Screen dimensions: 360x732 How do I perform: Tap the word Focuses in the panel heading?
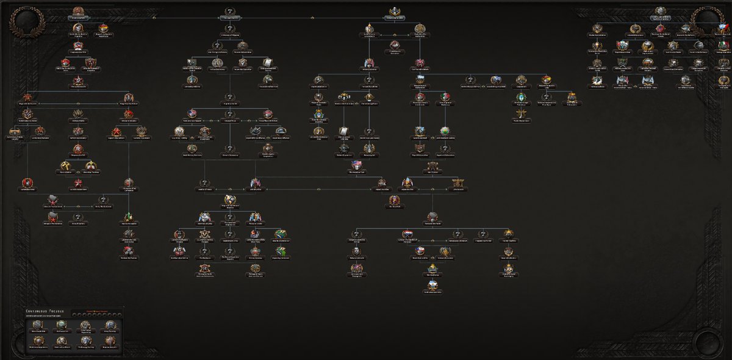point(54,312)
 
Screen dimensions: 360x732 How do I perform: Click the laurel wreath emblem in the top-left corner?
point(24,22)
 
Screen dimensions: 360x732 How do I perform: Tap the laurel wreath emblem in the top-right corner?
point(708,22)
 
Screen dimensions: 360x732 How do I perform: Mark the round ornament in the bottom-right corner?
point(708,339)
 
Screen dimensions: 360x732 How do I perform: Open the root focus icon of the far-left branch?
point(78,12)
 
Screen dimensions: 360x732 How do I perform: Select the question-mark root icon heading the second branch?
point(229,12)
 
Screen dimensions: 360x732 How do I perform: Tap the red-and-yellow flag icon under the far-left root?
point(104,28)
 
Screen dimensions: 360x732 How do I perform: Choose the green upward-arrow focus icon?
point(129,217)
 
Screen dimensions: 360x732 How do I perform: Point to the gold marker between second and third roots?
point(312,18)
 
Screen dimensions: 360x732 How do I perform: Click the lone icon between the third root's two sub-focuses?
point(394,45)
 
